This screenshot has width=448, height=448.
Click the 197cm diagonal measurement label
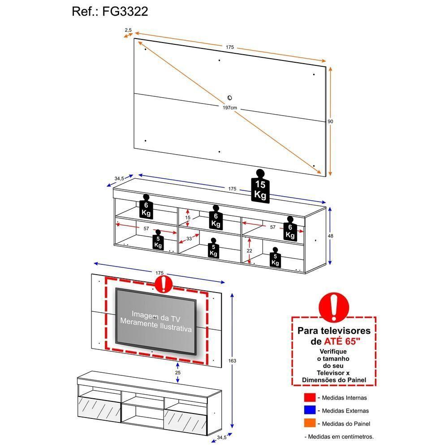click(230, 108)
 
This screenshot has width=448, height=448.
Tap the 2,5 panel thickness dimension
click(128, 30)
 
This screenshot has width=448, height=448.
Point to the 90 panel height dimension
click(330, 121)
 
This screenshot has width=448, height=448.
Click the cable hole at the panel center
click(230, 98)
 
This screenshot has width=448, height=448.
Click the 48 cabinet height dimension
click(331, 236)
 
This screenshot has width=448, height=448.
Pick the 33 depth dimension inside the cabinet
click(189, 239)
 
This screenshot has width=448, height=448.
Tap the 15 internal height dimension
click(188, 217)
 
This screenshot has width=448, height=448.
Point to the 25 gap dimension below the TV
click(178, 373)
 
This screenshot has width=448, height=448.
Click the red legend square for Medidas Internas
click(310, 397)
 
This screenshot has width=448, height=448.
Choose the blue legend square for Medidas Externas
click(310, 410)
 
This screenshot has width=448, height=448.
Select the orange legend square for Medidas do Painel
click(310, 423)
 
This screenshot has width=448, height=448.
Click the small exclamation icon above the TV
click(163, 284)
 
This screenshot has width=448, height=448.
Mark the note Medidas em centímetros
click(339, 436)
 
